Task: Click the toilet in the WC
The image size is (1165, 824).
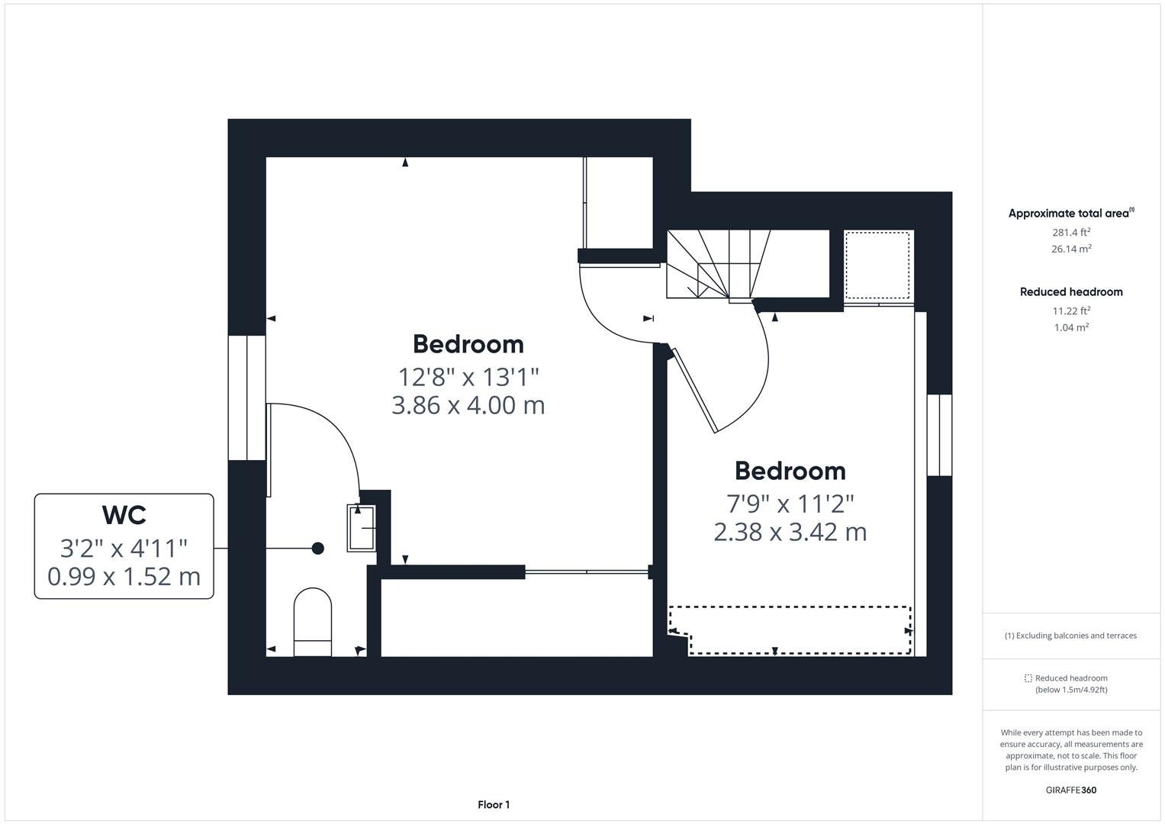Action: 313,622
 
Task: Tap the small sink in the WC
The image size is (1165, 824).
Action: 362,528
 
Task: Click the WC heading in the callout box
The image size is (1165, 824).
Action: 124,515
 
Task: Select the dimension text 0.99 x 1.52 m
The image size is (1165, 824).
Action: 124,576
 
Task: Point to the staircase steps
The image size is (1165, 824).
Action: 718,264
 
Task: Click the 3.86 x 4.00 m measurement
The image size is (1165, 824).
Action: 468,405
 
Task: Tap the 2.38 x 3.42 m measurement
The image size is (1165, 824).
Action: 790,532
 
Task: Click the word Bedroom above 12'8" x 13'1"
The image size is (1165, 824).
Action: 468,344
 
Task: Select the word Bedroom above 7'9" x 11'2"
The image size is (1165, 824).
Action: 790,472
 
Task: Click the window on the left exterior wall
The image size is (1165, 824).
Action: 247,398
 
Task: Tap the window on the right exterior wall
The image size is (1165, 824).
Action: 939,435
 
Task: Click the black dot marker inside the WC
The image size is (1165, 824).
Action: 318,549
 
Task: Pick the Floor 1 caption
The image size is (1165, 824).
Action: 494,805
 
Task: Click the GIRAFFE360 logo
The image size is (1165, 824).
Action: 1071,790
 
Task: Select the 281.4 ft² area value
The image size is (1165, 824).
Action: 1071,232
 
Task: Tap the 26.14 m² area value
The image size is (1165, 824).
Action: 1071,249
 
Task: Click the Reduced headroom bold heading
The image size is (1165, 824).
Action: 1071,291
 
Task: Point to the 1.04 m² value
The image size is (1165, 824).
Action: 1071,327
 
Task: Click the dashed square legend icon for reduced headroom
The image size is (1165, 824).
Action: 1028,678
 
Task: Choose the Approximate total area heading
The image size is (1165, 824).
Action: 1071,213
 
